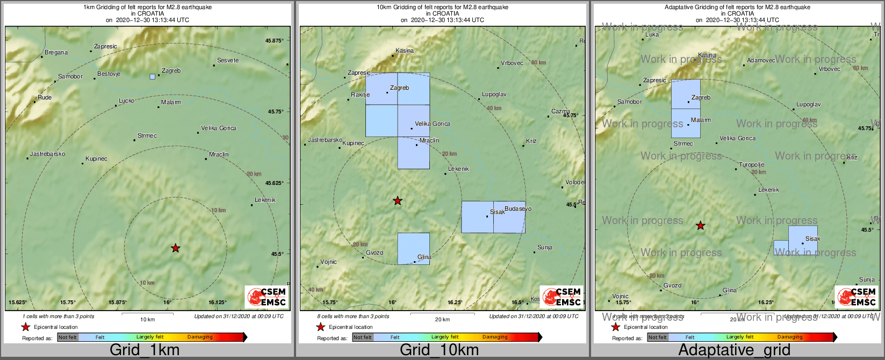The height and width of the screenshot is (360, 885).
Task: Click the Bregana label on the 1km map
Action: [56, 53]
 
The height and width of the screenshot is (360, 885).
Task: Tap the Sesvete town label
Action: [228, 60]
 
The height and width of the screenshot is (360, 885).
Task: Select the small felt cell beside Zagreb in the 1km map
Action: [153, 77]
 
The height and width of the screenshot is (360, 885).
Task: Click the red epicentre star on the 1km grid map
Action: [176, 248]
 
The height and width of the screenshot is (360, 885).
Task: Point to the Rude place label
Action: [45, 98]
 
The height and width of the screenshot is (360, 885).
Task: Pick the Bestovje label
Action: [109, 74]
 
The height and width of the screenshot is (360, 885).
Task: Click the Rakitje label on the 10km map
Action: [361, 95]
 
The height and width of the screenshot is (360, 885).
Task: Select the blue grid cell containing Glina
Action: [413, 248]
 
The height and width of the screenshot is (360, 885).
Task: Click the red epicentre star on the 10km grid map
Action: [398, 201]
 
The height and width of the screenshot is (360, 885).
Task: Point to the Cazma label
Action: [560, 112]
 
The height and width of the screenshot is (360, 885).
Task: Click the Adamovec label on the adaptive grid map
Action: [761, 60]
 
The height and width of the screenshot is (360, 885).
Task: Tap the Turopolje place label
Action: [751, 165]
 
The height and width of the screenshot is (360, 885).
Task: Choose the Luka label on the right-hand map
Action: [652, 35]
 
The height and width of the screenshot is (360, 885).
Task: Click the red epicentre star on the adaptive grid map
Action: [700, 226]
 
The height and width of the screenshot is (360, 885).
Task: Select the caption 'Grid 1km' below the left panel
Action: [145, 350]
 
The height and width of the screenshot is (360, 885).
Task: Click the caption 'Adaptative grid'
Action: [734, 350]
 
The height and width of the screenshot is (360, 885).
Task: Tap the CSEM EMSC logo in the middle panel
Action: [562, 297]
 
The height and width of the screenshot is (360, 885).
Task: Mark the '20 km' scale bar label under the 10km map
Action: [442, 320]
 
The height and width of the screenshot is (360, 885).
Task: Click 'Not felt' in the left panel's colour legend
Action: [68, 337]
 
